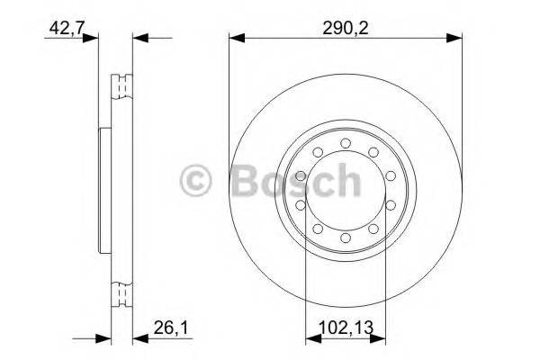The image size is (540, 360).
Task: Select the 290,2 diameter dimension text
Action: click(x=346, y=28)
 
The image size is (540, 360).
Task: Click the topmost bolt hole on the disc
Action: click(x=346, y=141)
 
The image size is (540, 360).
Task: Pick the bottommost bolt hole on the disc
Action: click(x=346, y=241)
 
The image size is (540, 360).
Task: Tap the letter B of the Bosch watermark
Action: click(x=247, y=182)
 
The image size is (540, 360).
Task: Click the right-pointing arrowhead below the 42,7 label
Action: click(x=90, y=38)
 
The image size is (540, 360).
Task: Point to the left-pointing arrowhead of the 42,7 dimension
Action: click(x=139, y=38)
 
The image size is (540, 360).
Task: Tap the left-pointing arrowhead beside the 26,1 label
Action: click(x=139, y=340)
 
